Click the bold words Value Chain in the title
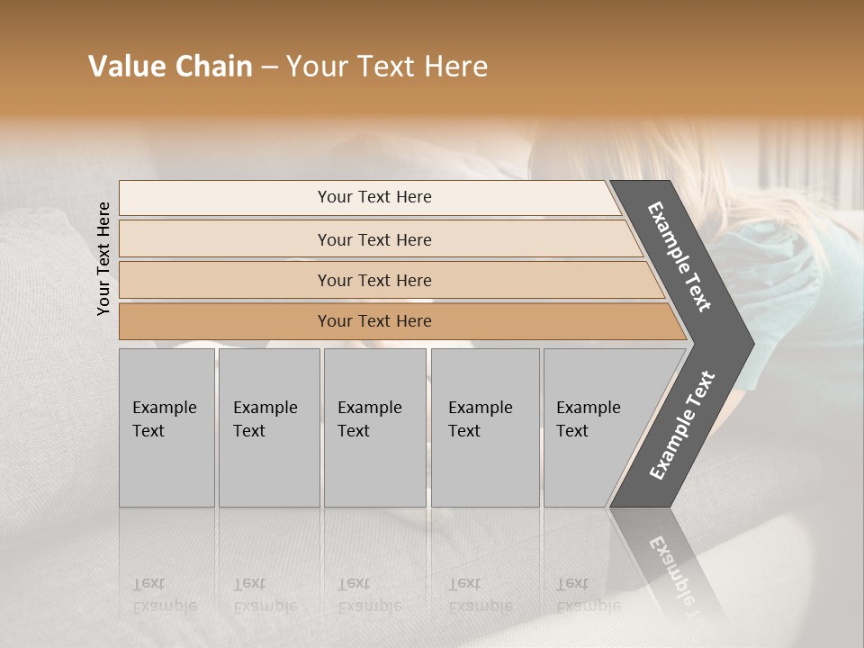click(170, 67)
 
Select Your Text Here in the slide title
click(387, 67)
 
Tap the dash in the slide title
click(269, 67)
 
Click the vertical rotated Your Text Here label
click(103, 258)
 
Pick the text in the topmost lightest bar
click(374, 197)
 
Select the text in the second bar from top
click(374, 239)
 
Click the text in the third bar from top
click(374, 280)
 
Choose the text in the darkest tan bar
click(374, 321)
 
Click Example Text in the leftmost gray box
click(164, 419)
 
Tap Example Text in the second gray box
click(265, 419)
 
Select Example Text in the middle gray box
click(369, 419)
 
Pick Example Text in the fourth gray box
click(480, 419)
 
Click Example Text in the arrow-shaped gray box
click(588, 419)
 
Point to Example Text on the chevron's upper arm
click(679, 256)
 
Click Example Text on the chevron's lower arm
click(682, 426)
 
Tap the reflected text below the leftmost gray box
click(164, 595)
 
